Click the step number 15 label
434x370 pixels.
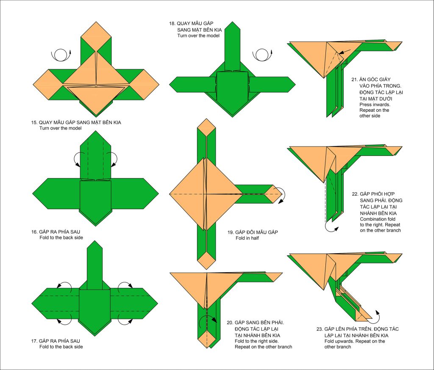coord(34,122)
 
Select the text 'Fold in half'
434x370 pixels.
coord(247,238)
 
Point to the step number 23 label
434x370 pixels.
coord(320,329)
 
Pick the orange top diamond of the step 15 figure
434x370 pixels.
coord(96,36)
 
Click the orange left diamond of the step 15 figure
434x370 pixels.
coord(48,84)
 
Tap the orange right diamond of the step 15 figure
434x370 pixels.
coord(144,84)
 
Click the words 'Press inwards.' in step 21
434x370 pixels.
coord(375,105)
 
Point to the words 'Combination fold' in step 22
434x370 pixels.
coord(378,219)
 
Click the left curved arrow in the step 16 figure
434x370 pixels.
coord(77,159)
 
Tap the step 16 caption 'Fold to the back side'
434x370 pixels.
coord(61,237)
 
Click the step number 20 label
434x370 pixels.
coord(230,323)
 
